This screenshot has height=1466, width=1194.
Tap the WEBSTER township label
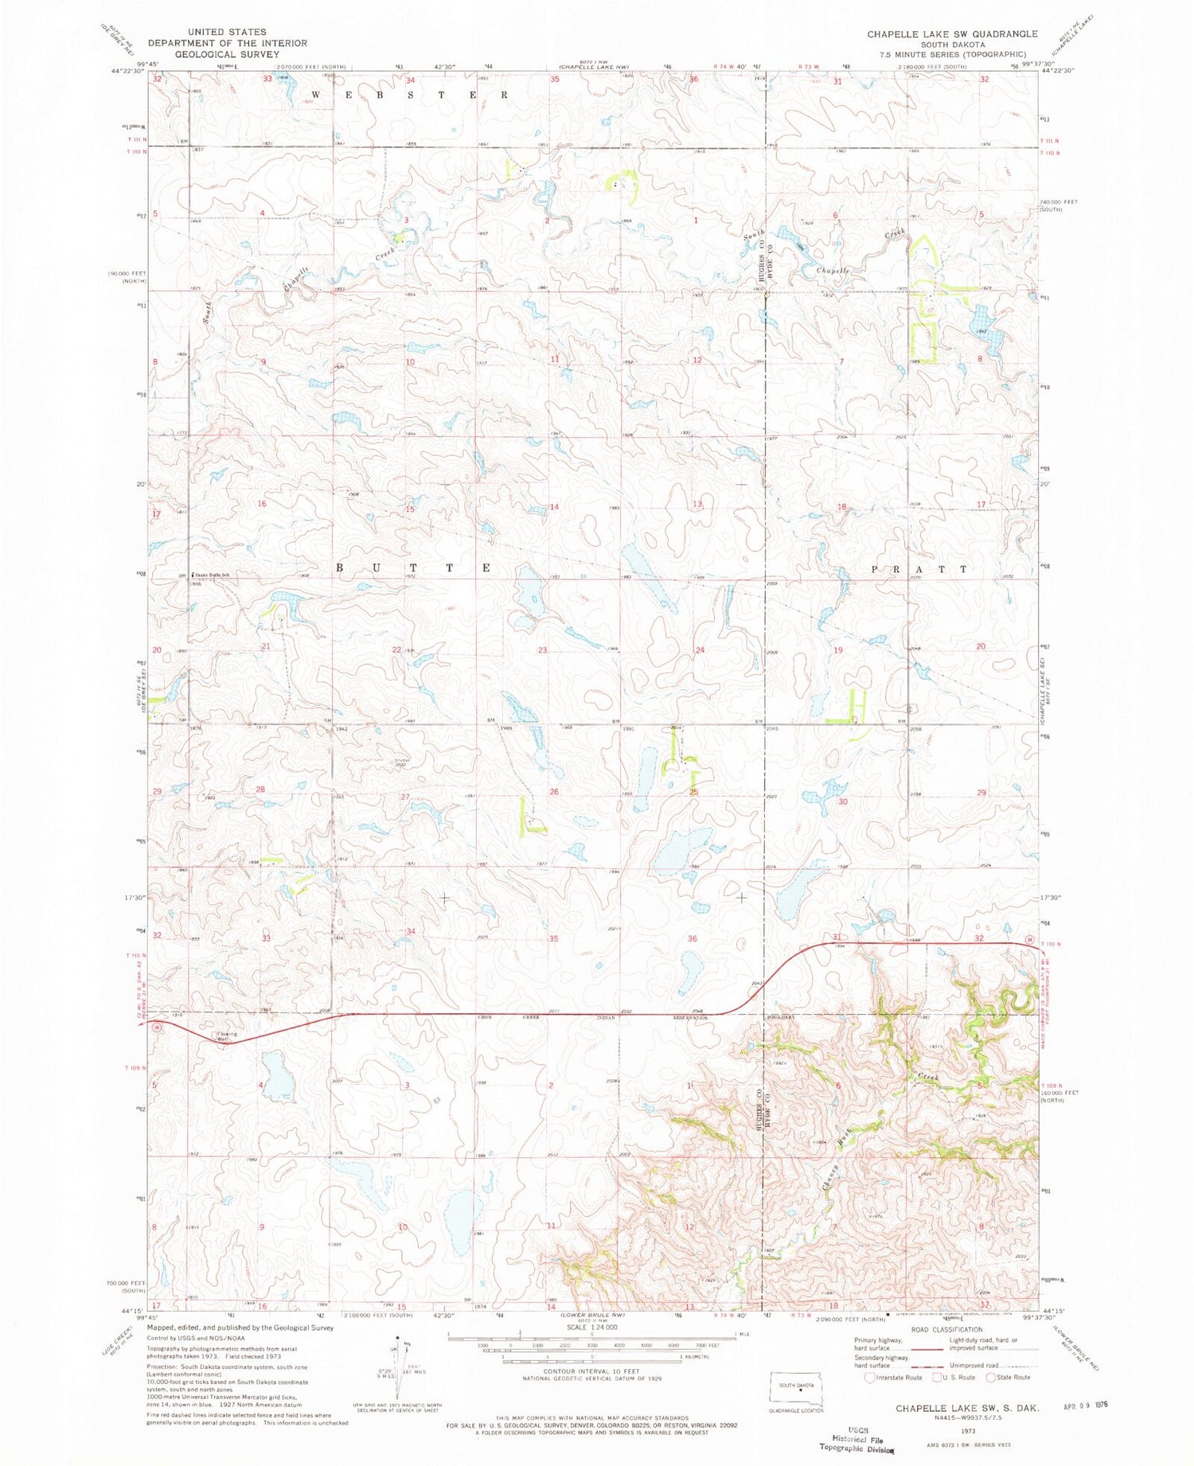tap(409, 95)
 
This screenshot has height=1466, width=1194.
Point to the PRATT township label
tap(920, 570)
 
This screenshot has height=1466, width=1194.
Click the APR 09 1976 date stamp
tap(1085, 1406)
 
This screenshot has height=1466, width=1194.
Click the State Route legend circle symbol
tap(990, 1378)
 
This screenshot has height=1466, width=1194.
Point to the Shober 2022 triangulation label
tap(401, 762)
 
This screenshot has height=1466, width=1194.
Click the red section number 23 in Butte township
tap(542, 651)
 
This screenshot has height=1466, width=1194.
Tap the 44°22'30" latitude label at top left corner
tap(127, 70)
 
